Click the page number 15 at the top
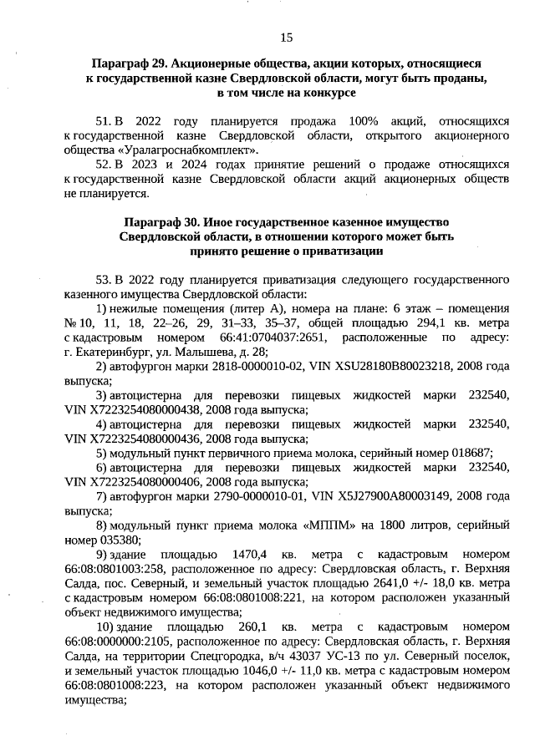[286, 37]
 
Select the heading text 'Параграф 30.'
[160, 222]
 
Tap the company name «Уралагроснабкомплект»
[191, 150]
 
